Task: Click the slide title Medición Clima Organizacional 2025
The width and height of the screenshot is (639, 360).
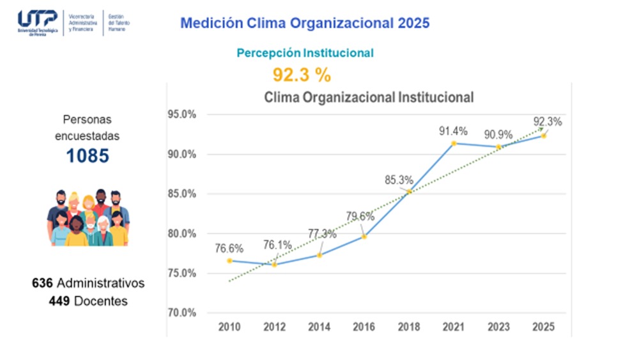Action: click(305, 23)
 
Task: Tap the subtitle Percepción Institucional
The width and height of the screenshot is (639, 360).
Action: click(305, 54)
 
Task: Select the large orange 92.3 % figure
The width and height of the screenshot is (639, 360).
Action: click(302, 75)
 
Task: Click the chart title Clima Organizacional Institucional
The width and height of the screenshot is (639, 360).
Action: click(369, 98)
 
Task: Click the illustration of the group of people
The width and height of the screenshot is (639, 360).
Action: click(88, 218)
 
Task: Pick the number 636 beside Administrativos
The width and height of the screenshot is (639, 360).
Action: click(43, 283)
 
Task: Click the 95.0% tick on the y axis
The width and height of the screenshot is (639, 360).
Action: click(182, 115)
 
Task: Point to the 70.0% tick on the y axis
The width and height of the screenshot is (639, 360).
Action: click(182, 313)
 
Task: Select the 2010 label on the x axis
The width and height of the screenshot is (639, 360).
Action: click(229, 327)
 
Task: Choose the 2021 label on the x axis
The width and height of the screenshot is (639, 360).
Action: click(454, 327)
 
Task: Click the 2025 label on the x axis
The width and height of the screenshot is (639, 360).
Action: click(543, 327)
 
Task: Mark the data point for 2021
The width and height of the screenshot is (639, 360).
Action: click(454, 143)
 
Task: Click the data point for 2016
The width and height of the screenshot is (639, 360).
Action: click(364, 237)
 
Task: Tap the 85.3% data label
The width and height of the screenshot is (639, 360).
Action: click(399, 180)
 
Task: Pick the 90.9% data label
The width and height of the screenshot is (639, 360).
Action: click(497, 135)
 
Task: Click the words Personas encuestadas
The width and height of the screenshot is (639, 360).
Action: click(87, 128)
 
